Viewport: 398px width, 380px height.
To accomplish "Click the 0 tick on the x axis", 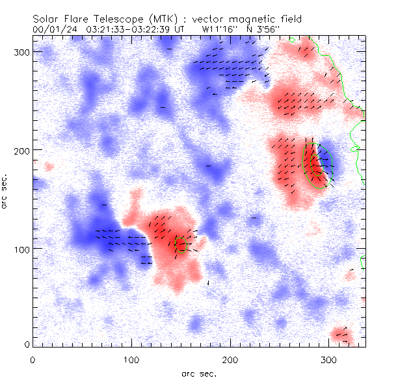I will (x=33, y=359).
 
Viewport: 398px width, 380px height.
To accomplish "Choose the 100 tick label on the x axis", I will (x=131, y=359).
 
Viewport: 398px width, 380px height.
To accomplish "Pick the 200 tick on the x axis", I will (x=230, y=359).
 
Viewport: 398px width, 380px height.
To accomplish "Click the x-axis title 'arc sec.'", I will (x=199, y=373).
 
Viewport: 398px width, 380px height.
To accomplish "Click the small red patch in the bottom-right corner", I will (x=341, y=335).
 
